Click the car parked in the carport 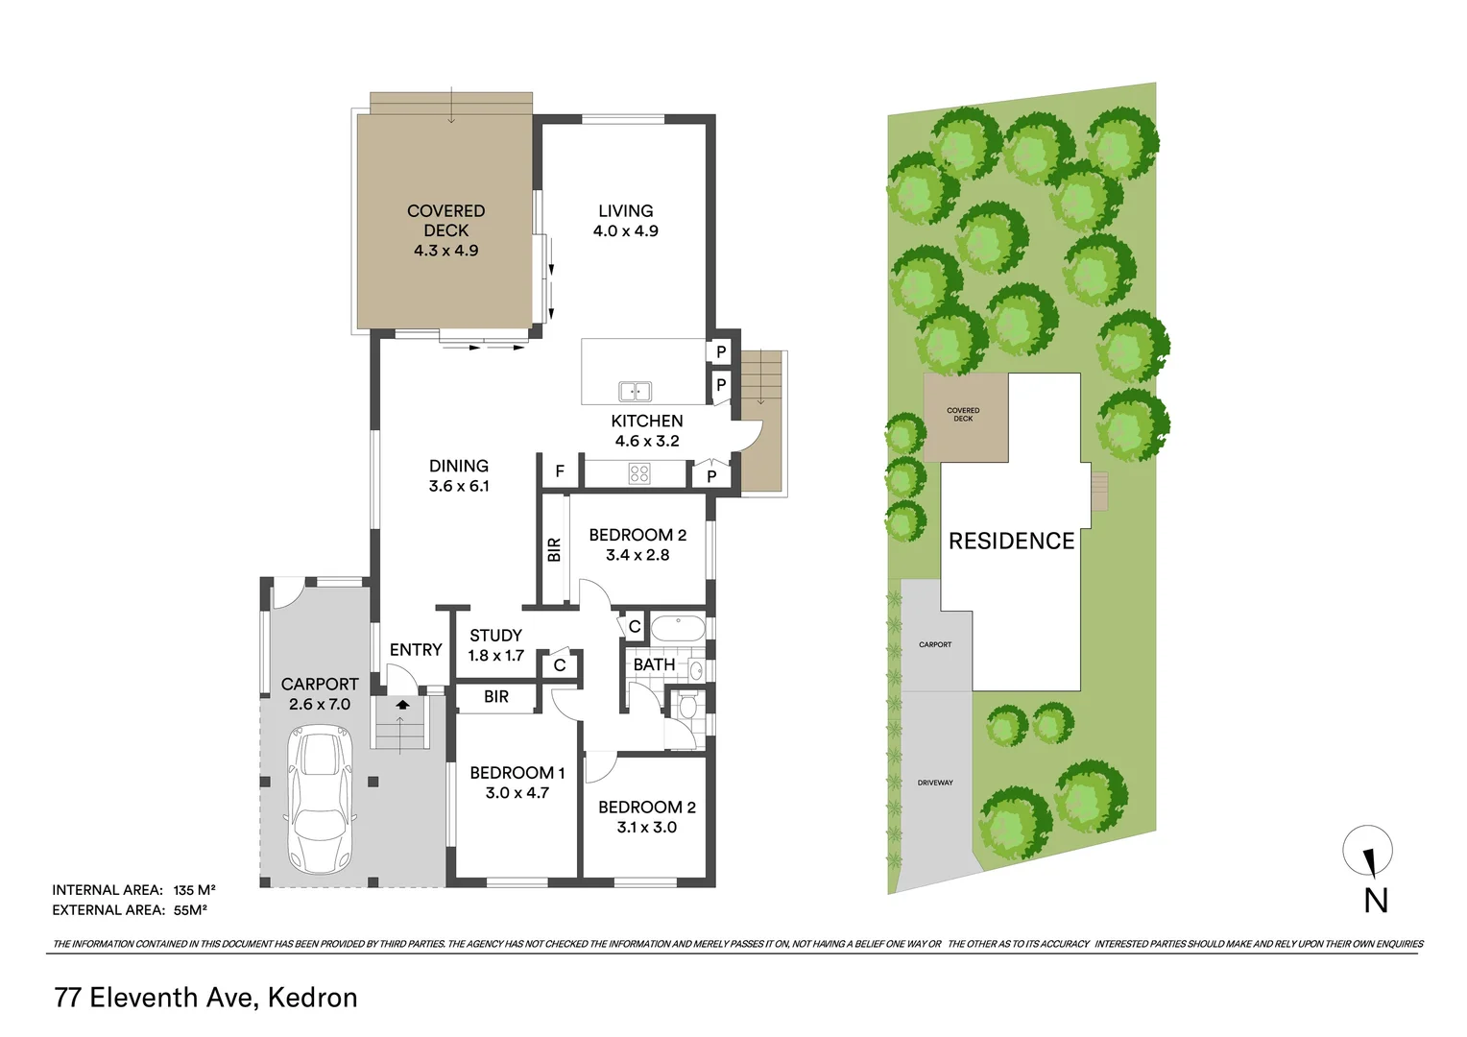point(321,799)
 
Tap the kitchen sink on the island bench point(635,391)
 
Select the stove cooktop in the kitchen point(638,473)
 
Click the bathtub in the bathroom point(679,628)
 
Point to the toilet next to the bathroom point(687,706)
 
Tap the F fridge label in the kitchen point(560,471)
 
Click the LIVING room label point(625,211)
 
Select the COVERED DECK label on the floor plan point(446,221)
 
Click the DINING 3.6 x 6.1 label point(459,475)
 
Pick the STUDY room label point(495,636)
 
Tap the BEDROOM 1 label point(517,773)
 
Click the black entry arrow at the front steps point(403,704)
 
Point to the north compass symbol point(1367,851)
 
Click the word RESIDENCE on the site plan point(1011,542)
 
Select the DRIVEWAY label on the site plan point(935,783)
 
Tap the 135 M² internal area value point(195,889)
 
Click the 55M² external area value point(191,910)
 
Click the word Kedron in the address point(312,998)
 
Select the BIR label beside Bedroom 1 point(495,696)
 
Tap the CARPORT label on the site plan point(935,644)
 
